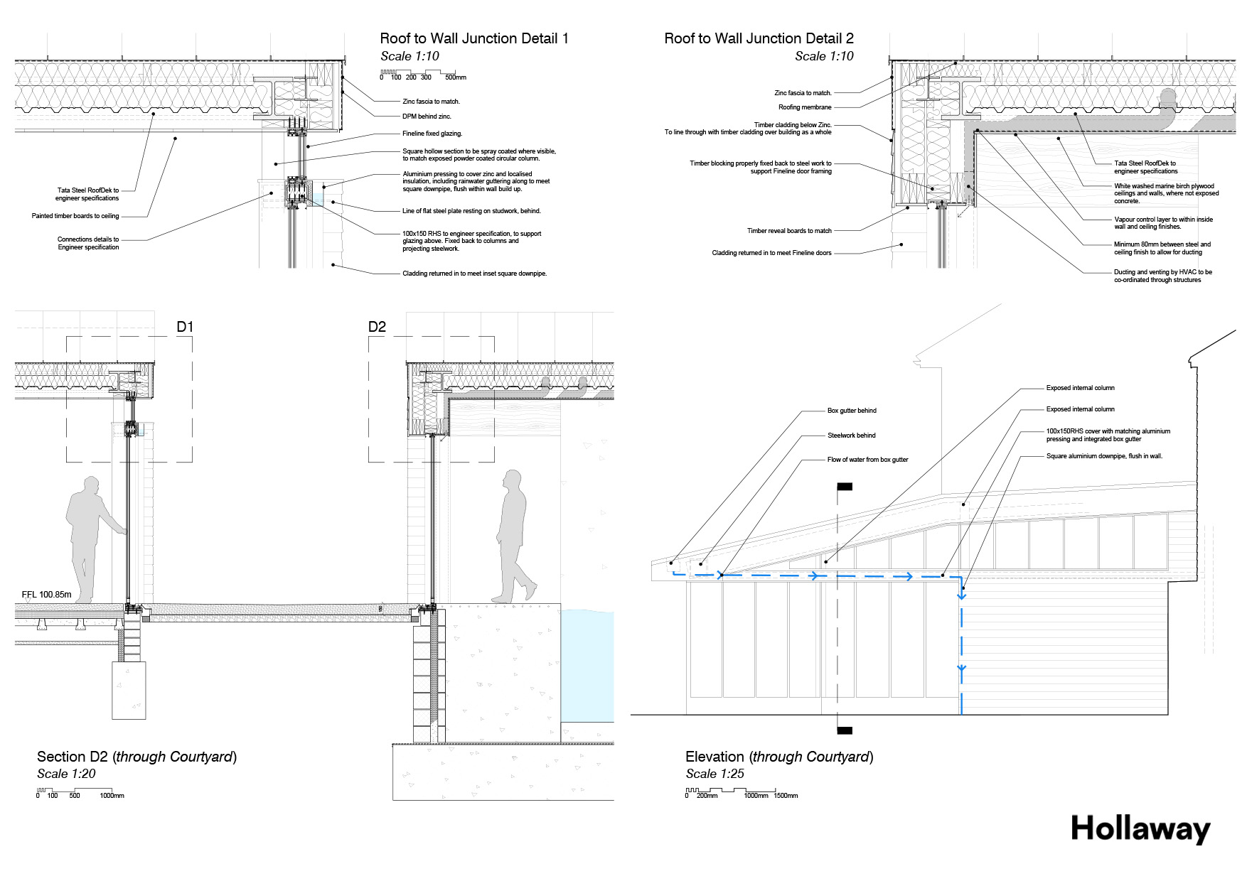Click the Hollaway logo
pyautogui.click(x=1140, y=829)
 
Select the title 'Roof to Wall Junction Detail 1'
pyautogui.click(x=474, y=38)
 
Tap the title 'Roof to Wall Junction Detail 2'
pyautogui.click(x=759, y=38)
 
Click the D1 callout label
pyautogui.click(x=185, y=327)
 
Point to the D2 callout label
pyautogui.click(x=377, y=327)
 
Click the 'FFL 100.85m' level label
pyautogui.click(x=47, y=595)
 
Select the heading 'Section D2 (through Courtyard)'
pyautogui.click(x=137, y=757)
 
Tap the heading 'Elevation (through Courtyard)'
pyautogui.click(x=779, y=757)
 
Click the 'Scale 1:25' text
pyautogui.click(x=715, y=774)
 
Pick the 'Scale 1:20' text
pyautogui.click(x=66, y=774)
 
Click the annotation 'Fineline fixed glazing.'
pyautogui.click(x=432, y=134)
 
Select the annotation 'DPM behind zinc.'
pyautogui.click(x=427, y=117)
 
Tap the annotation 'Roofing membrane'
pyautogui.click(x=805, y=107)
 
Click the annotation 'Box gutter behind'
pyautogui.click(x=852, y=411)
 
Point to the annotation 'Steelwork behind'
pyautogui.click(x=851, y=436)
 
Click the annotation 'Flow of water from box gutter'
pyautogui.click(x=867, y=460)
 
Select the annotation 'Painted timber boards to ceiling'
pyautogui.click(x=75, y=216)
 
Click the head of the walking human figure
pyautogui.click(x=512, y=477)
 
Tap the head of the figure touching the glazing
pyautogui.click(x=90, y=485)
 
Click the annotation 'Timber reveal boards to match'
pyautogui.click(x=789, y=231)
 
